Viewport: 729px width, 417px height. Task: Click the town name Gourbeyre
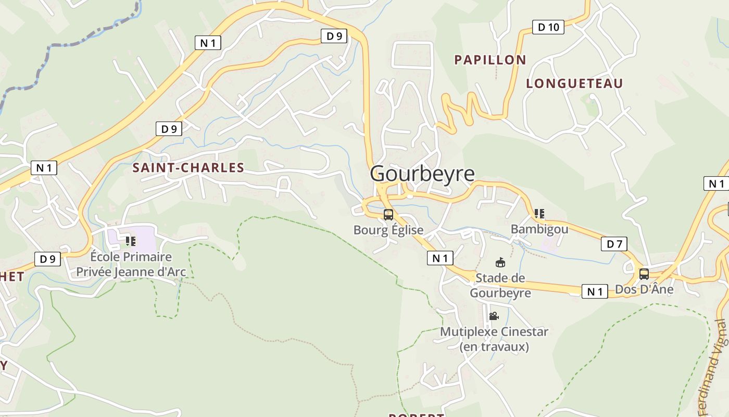[422, 174]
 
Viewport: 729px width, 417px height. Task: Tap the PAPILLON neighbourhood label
[490, 60]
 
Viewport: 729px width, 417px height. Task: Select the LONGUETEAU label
[574, 83]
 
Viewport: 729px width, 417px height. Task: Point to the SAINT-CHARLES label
[188, 168]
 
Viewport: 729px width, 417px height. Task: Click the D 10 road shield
[548, 27]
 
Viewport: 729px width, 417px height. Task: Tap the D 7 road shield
[614, 243]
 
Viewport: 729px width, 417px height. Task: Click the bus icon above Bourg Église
[388, 215]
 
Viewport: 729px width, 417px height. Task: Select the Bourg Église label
[388, 230]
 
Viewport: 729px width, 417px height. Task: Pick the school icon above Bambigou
[539, 214]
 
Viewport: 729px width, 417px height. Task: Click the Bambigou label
[539, 229]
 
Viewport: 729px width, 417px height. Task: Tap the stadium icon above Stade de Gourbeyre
[500, 262]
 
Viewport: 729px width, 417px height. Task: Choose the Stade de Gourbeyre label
[500, 285]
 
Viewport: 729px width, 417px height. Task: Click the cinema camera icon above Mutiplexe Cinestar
[494, 316]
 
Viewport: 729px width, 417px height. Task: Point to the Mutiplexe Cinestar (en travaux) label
[494, 339]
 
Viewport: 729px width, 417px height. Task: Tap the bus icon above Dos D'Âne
[644, 274]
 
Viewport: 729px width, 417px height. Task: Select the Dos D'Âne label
[644, 289]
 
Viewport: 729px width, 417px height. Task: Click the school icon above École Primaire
[131, 241]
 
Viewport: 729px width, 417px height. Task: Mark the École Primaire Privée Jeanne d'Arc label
[131, 264]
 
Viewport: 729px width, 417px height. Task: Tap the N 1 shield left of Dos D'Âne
[595, 291]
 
